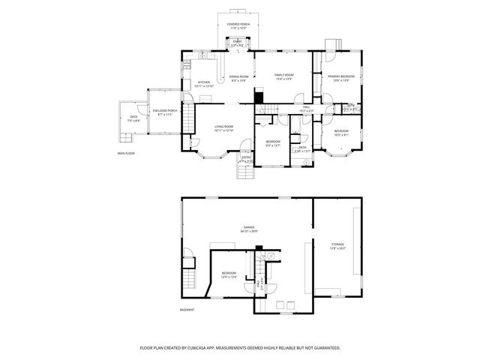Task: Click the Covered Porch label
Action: (x=238, y=25)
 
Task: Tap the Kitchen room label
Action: (x=204, y=83)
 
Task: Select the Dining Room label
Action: (x=238, y=76)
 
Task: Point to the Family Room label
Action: (x=283, y=76)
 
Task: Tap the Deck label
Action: (x=133, y=116)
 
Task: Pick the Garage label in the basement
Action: (x=248, y=228)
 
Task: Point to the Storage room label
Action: (x=337, y=244)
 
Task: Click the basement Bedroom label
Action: (x=229, y=273)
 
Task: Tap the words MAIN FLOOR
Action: (x=125, y=153)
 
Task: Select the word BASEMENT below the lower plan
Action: (x=187, y=310)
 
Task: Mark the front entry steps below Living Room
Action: (x=245, y=172)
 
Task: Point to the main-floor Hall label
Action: (x=306, y=108)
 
